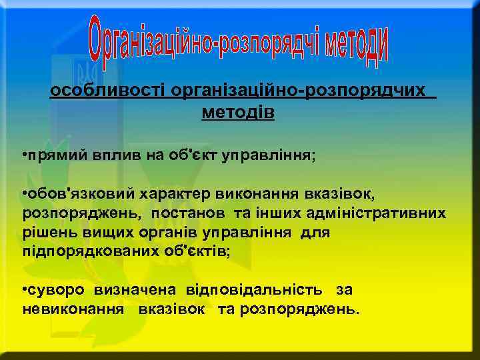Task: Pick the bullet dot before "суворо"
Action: (x=24, y=290)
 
